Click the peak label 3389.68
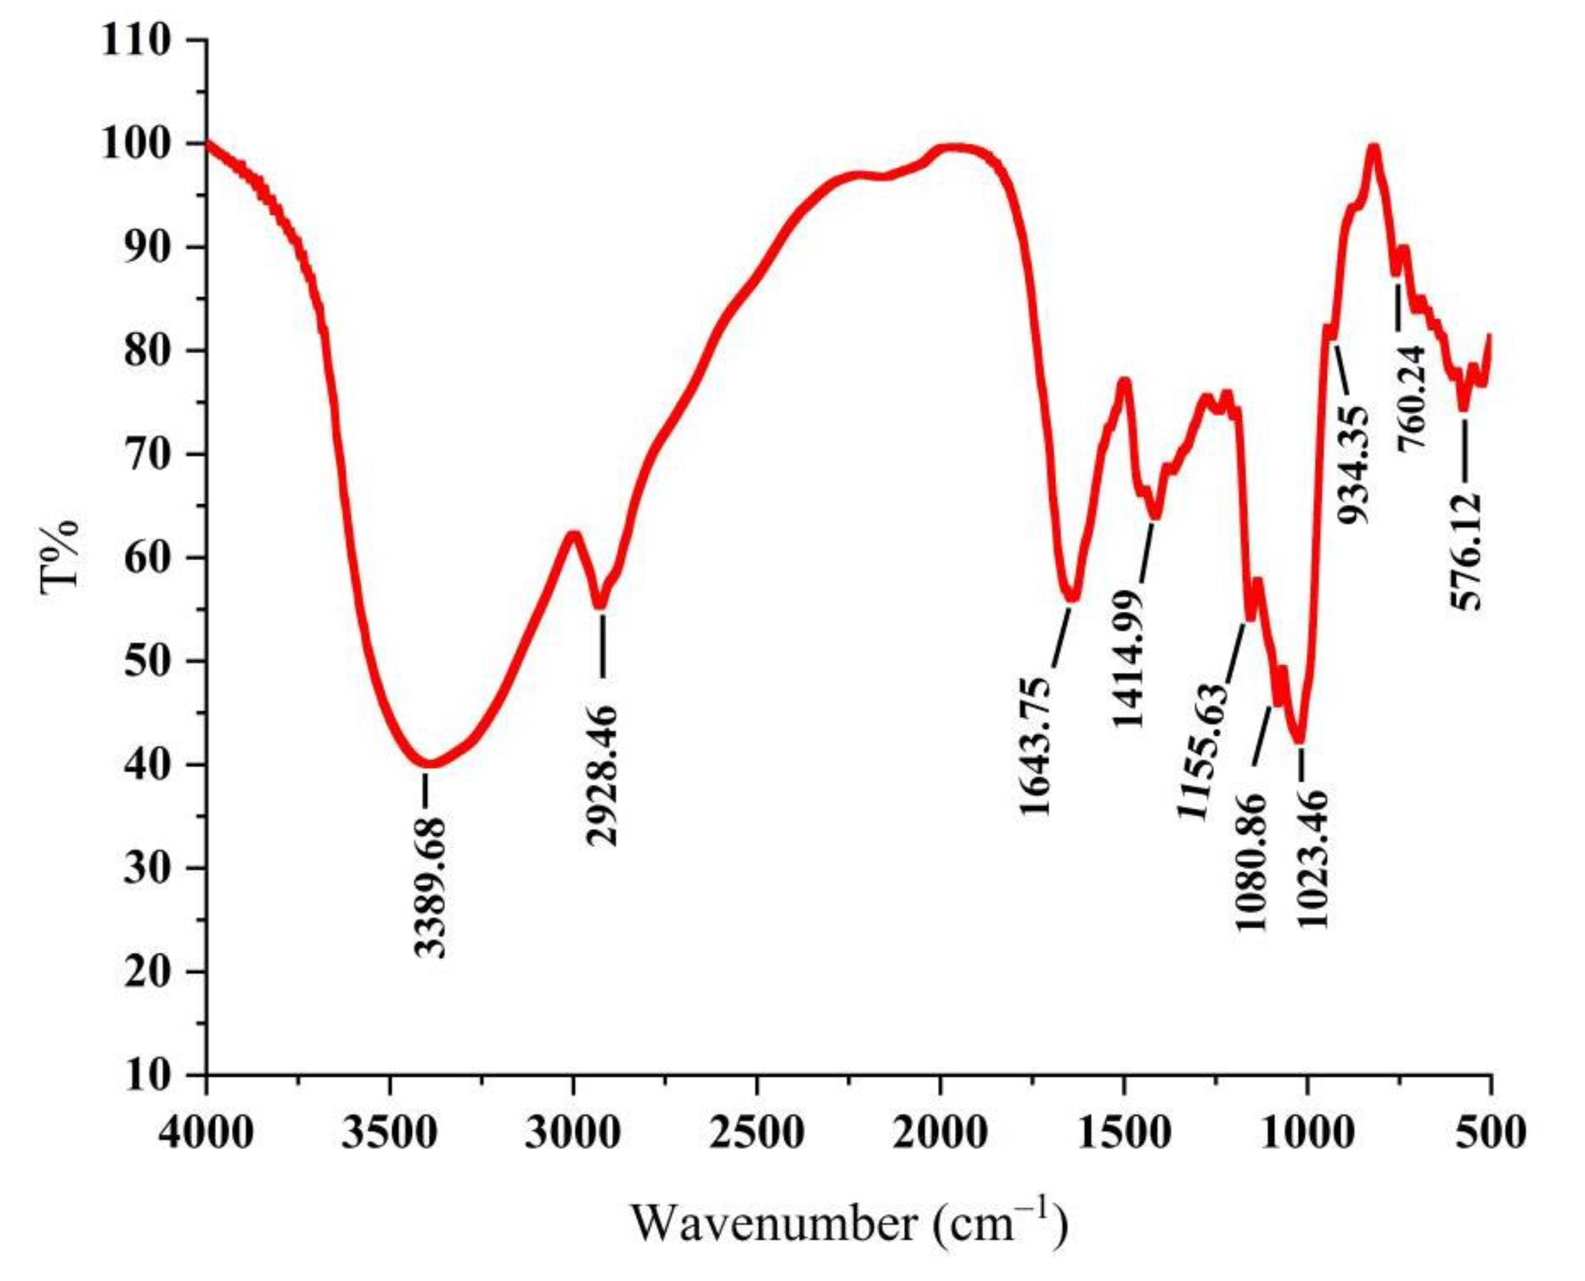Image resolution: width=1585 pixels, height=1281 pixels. [x=430, y=886]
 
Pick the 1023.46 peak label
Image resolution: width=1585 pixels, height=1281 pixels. [x=1313, y=859]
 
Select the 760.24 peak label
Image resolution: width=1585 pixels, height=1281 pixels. [x=1415, y=399]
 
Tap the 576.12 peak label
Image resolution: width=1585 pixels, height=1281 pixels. [x=1466, y=551]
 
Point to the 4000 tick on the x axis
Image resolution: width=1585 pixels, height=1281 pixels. [x=206, y=1132]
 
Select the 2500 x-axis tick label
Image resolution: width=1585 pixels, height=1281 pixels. [x=756, y=1132]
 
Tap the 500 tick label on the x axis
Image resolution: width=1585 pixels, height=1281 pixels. [x=1490, y=1132]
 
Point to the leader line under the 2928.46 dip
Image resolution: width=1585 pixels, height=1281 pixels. [x=603, y=644]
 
